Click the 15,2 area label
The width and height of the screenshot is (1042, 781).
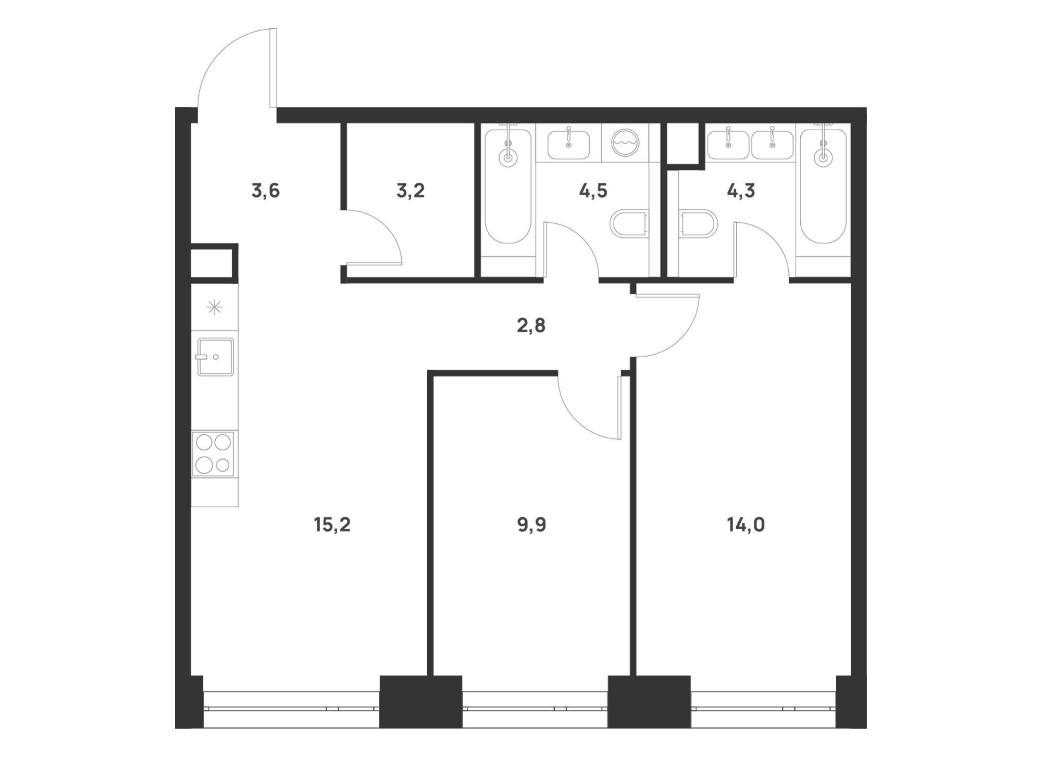[332, 525]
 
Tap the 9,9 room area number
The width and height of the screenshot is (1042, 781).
[531, 525]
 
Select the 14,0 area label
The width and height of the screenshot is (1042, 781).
[746, 525]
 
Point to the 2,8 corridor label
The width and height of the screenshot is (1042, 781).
[531, 325]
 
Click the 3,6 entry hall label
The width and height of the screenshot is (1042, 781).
[266, 191]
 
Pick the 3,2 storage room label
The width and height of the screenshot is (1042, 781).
[411, 191]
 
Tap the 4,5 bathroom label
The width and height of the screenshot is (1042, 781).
[593, 191]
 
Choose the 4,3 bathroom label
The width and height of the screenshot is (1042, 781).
[741, 191]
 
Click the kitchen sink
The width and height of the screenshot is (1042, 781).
[215, 357]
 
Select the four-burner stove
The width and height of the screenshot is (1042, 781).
[213, 454]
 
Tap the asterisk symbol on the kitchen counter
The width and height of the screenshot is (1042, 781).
[215, 308]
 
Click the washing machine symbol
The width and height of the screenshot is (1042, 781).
[625, 142]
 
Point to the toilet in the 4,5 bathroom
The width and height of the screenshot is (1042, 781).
[629, 224]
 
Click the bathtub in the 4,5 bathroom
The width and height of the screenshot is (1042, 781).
[508, 186]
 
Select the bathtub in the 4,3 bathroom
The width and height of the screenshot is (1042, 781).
[824, 186]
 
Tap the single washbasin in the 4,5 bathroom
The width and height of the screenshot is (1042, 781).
[568, 144]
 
